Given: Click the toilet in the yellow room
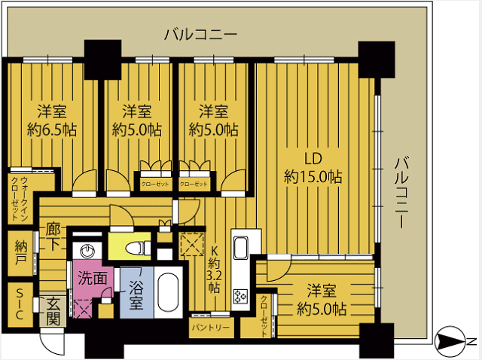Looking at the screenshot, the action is pos(139,248).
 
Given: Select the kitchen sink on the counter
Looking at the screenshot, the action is pos(240,248).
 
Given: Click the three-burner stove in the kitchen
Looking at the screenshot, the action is pos(240,297).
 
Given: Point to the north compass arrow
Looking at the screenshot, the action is pos(450,340).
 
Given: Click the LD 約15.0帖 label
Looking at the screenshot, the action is pos(313,168).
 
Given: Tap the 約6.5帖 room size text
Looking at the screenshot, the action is pos(52,130).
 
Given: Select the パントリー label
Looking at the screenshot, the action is pos(211,328).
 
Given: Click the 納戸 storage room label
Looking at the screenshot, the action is pos(20,253).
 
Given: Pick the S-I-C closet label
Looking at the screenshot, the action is pos(20,305).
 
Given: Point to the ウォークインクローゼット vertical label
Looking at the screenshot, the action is pos(19,199).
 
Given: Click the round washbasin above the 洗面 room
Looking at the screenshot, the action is pos(88,251).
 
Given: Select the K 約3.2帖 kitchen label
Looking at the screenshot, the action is pos(214,270).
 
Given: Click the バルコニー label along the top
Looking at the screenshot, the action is pos(201,34).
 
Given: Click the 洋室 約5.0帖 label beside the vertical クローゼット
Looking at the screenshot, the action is pos(322,300).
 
